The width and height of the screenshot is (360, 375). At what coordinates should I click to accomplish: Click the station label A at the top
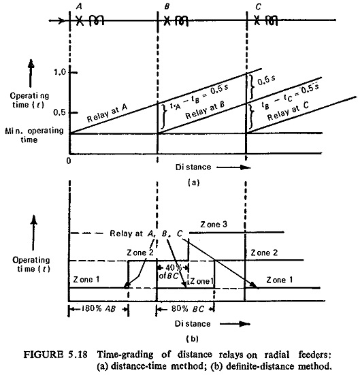[x=79, y=6]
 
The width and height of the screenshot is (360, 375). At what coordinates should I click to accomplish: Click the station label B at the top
[x=167, y=6]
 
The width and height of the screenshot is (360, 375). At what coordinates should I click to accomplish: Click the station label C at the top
[x=258, y=7]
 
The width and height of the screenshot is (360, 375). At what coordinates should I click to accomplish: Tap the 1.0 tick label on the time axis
[x=60, y=72]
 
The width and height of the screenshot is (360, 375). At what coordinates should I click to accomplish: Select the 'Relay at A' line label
[x=107, y=113]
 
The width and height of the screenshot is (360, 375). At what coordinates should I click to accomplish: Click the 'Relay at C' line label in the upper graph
[x=288, y=111]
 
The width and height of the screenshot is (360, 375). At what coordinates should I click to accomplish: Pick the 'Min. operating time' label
[x=34, y=135]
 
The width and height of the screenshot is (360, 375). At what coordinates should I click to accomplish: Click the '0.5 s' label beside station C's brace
[x=266, y=80]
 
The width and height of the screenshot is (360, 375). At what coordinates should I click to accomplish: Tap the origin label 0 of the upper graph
[x=69, y=161]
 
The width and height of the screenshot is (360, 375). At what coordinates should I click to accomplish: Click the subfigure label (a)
[x=193, y=182]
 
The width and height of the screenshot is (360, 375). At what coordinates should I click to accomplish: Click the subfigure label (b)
[x=193, y=339]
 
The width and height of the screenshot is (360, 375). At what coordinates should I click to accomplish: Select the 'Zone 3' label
[x=214, y=225]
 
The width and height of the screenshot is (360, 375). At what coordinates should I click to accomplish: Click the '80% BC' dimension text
[x=188, y=309]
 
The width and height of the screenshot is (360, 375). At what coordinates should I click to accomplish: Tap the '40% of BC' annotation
[x=170, y=272]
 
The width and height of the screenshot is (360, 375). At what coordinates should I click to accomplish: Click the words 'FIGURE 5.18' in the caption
[x=55, y=354]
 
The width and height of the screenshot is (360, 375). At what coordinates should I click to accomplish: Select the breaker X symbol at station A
[x=80, y=21]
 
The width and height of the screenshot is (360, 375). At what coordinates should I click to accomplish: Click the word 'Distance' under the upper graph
[x=193, y=167]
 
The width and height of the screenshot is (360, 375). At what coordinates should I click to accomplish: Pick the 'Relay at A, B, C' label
[x=146, y=233]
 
